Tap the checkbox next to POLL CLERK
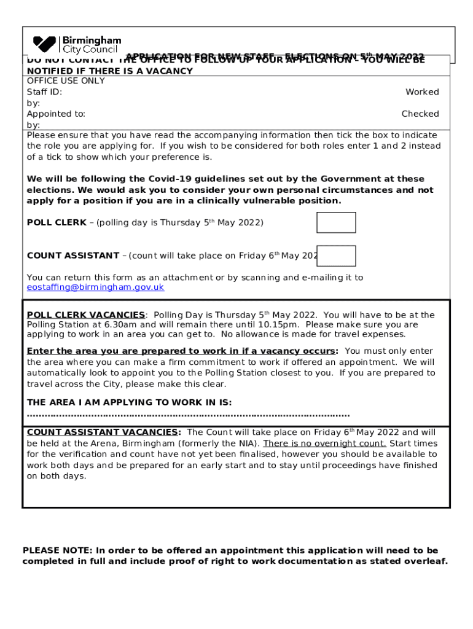(336, 222)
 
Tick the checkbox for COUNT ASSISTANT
(336, 256)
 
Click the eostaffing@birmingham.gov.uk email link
(95, 287)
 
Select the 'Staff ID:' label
(44, 92)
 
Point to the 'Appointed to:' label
(56, 114)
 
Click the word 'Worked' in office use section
(422, 92)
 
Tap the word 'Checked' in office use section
(420, 114)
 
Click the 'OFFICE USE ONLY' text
(66, 81)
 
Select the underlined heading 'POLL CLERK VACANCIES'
(86, 315)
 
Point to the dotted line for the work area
(188, 415)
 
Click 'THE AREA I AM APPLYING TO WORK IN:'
(129, 402)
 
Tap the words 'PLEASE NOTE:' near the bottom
(57, 550)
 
